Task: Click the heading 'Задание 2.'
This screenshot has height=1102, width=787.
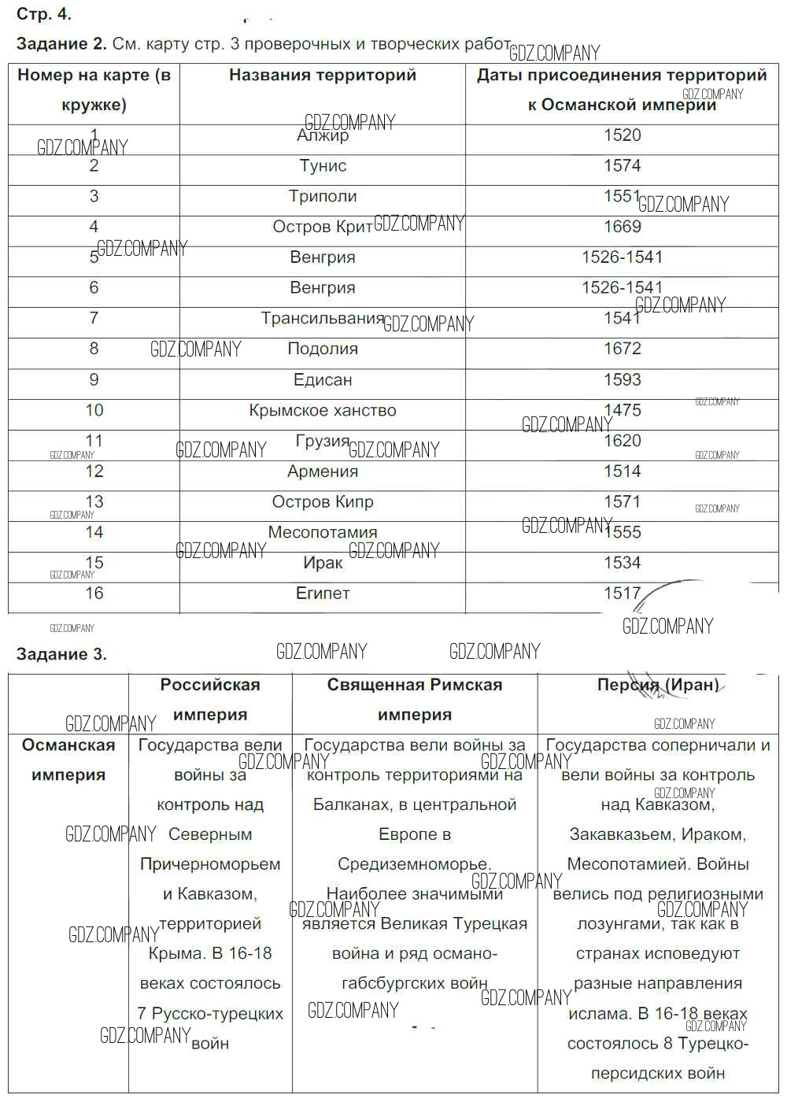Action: (x=61, y=44)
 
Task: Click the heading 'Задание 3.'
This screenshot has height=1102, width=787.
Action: (x=61, y=654)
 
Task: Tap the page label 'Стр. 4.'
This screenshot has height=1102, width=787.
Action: (x=44, y=14)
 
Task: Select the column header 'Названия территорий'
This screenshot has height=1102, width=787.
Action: (x=323, y=76)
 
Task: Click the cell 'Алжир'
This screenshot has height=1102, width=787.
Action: (x=323, y=136)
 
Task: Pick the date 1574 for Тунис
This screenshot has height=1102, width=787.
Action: (x=622, y=166)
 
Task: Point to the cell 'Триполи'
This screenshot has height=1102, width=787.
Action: (x=323, y=197)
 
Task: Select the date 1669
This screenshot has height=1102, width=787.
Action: (x=622, y=227)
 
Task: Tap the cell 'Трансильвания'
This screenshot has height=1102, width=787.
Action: (x=323, y=319)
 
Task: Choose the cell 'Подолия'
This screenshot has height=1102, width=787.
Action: (x=323, y=349)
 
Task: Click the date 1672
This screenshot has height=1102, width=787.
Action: (x=622, y=349)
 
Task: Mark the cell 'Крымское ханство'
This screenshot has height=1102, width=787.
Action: (x=323, y=411)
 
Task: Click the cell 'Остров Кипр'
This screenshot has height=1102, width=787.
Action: (x=323, y=502)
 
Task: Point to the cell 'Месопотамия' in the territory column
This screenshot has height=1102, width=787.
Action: (x=323, y=533)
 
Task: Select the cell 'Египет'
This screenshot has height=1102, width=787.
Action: (x=323, y=594)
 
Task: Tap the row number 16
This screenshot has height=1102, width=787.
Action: (x=94, y=594)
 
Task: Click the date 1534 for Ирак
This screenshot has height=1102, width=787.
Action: (x=622, y=564)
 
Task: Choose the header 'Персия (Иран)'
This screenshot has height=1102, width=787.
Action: (x=658, y=685)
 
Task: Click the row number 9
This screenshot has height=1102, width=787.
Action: (x=94, y=380)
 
